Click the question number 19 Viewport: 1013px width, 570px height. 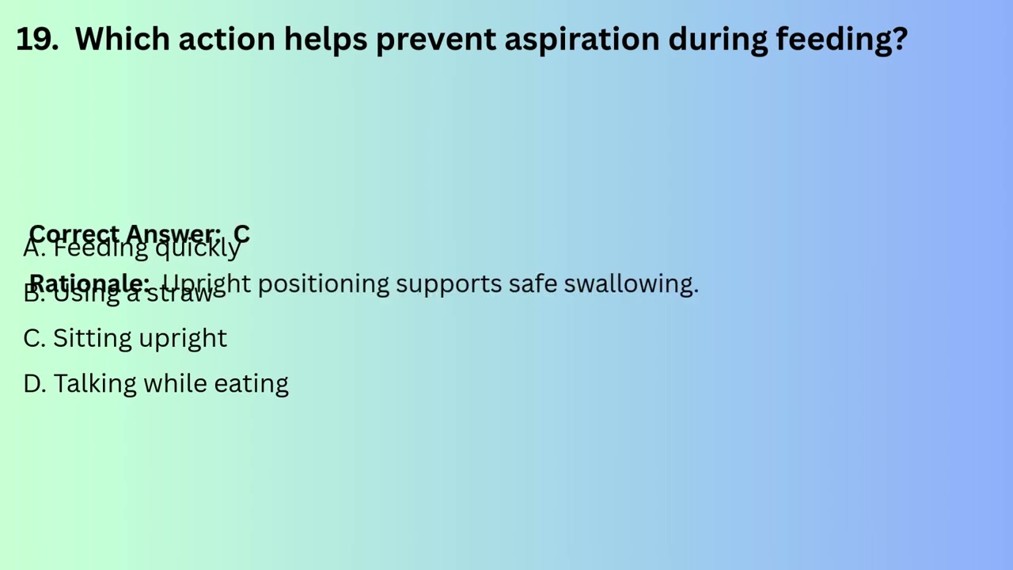tap(36, 39)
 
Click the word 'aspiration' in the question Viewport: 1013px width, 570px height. tap(581, 39)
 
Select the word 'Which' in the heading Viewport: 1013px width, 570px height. tap(120, 39)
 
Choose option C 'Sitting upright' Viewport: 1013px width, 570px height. tap(125, 338)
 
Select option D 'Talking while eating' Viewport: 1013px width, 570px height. tap(156, 384)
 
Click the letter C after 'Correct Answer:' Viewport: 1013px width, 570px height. tap(241, 234)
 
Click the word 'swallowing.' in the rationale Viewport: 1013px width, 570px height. tap(631, 283)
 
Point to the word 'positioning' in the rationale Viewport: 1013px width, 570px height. tap(323, 283)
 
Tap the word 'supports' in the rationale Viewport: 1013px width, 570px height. tap(448, 283)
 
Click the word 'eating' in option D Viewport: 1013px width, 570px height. tap(251, 384)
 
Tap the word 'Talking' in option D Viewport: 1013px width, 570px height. tap(94, 384)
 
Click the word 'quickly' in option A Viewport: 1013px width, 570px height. tap(198, 249)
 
